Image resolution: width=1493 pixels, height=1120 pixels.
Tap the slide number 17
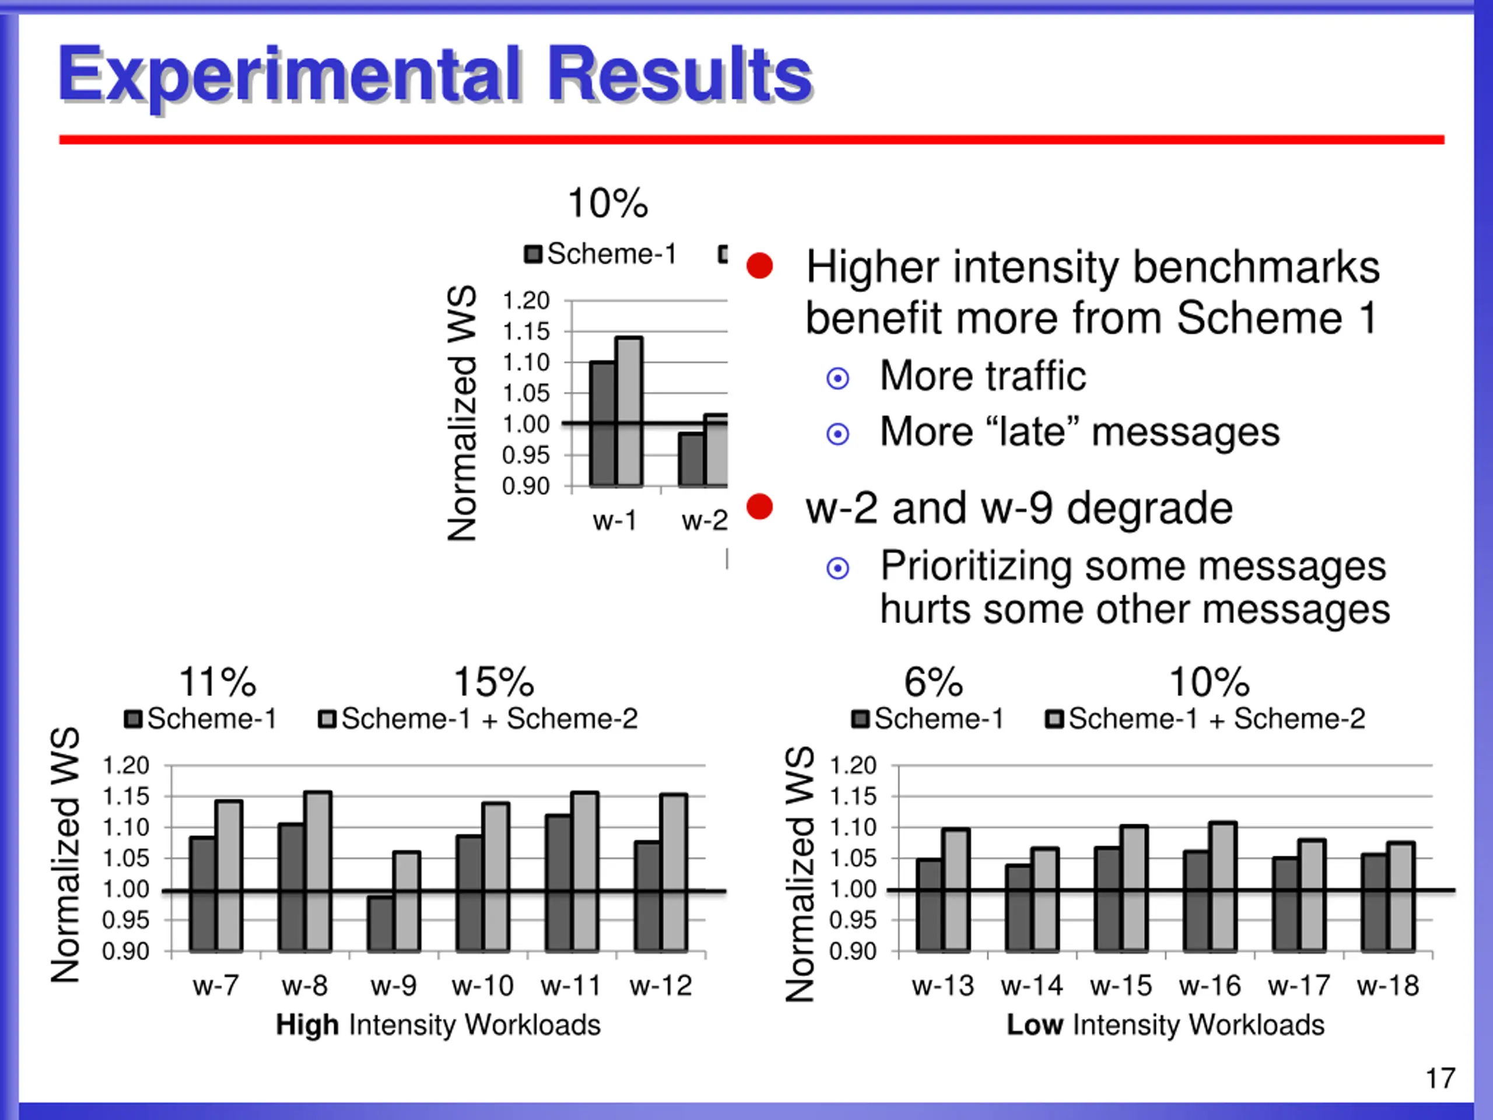[1441, 1078]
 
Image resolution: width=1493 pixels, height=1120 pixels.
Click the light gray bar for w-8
[318, 871]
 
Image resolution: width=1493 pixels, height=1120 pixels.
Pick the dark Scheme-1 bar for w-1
[602, 423]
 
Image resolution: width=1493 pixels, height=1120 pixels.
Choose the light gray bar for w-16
[1223, 885]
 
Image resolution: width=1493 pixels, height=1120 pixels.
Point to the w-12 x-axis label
[661, 986]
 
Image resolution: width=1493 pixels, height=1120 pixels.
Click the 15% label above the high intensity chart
[493, 682]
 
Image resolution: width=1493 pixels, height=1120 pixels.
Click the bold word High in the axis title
[307, 1025]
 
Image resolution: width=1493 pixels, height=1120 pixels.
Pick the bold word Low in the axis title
[1035, 1025]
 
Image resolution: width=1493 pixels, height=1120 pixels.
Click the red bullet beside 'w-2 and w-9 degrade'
[759, 506]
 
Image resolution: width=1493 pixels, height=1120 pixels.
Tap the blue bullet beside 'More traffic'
[837, 378]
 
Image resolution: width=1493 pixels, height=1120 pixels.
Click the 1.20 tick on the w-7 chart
[125, 765]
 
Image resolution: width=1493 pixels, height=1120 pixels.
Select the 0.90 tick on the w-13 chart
[853, 951]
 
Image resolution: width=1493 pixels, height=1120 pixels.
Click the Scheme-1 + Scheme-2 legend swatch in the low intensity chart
[1054, 719]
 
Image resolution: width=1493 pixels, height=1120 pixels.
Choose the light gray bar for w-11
[585, 871]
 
